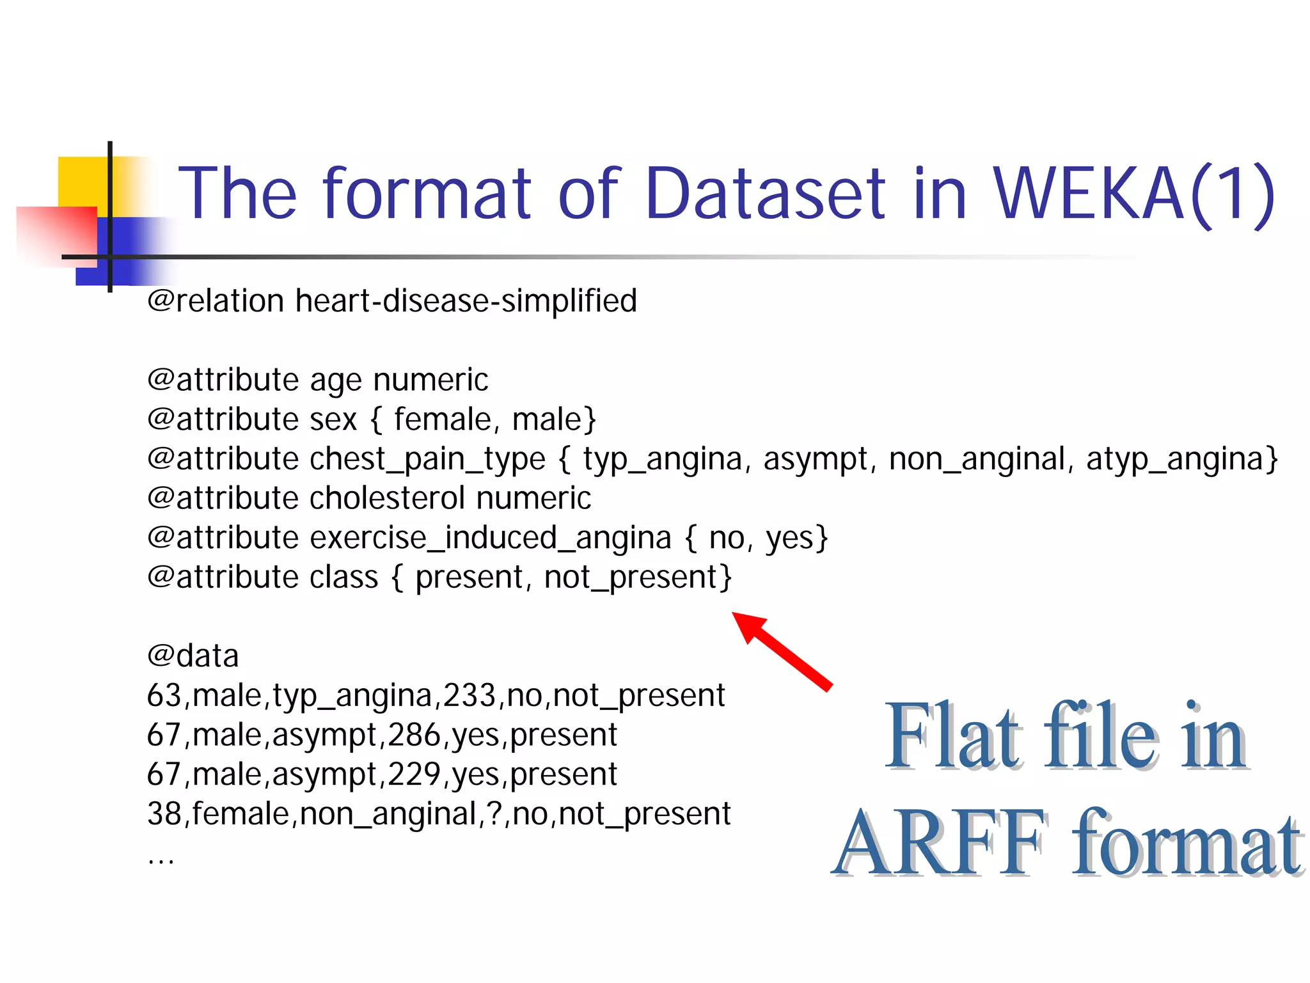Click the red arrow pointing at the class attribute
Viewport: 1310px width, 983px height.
click(783, 651)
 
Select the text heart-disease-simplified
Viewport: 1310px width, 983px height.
click(466, 301)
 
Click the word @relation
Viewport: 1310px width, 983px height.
click(216, 301)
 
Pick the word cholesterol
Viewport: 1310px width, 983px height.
click(387, 498)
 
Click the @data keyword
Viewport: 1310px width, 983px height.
click(193, 656)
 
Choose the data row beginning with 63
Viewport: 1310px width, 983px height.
click(436, 696)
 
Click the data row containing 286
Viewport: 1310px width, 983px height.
click(382, 735)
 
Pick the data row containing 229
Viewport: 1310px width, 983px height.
click(382, 775)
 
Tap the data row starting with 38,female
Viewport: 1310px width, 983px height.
click(438, 815)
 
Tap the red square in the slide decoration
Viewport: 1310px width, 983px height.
click(56, 234)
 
